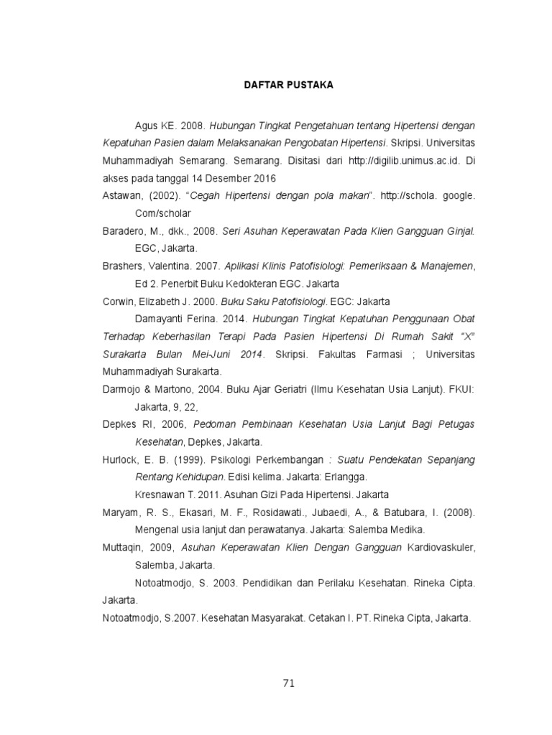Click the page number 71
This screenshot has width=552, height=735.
(x=288, y=683)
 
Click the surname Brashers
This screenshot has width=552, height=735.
(x=123, y=266)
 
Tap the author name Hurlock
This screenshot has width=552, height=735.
(x=120, y=459)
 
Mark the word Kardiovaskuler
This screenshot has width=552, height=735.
(x=441, y=548)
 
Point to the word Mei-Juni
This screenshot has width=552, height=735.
(x=216, y=355)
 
